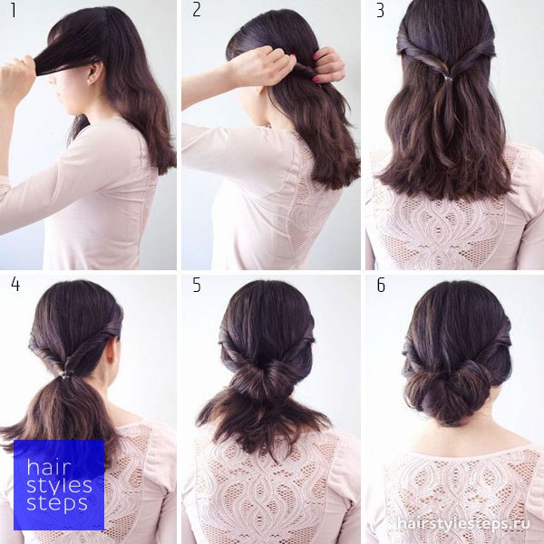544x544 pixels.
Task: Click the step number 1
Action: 14,10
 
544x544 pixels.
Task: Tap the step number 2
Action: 197,10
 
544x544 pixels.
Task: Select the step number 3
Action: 380,10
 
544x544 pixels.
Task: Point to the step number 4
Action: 15,284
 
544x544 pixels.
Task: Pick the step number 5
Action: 197,285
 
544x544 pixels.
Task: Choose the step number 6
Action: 381,285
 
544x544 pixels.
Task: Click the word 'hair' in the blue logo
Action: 49,467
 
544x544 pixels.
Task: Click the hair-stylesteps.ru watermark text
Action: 463,523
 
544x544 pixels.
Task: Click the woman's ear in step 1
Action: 95,73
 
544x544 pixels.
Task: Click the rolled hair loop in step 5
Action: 267,379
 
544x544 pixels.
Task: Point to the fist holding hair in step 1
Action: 18,77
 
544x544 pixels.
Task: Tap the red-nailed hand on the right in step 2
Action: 329,65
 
